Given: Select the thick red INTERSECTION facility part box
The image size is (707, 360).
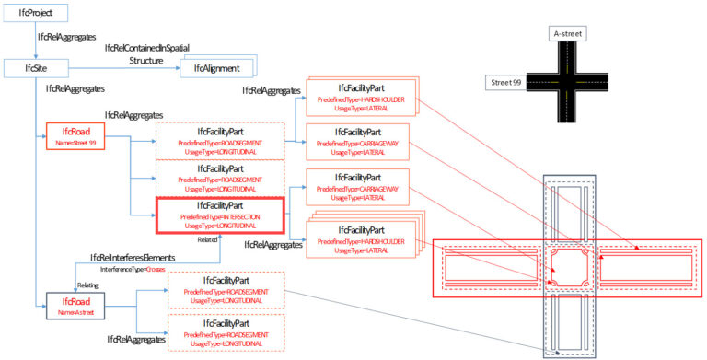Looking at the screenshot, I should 221,215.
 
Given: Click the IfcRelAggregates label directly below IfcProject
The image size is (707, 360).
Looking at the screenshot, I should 66,39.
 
